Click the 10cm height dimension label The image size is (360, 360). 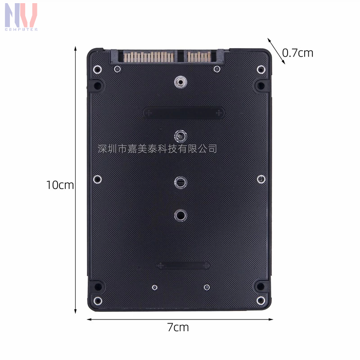[x=60, y=185]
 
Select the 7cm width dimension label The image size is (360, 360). [x=178, y=327]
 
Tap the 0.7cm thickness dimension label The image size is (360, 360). [x=297, y=53]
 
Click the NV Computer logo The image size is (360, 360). [x=21, y=17]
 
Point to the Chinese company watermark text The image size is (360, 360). [x=157, y=149]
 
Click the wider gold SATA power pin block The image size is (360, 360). [x=149, y=57]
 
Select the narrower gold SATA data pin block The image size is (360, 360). [x=199, y=57]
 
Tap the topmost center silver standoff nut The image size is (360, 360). [x=181, y=82]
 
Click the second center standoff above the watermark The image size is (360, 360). [x=181, y=137]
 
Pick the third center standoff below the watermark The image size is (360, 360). [x=181, y=183]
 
